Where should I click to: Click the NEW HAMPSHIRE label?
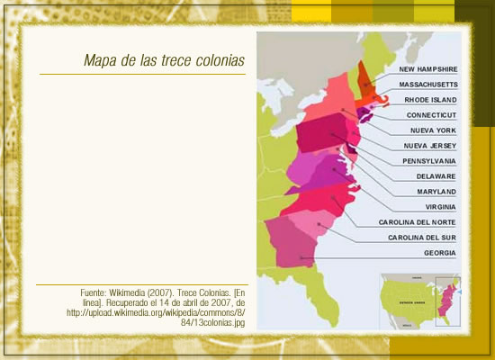[428, 68]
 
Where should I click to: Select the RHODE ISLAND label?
[430, 99]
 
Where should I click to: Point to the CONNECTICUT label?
[431, 115]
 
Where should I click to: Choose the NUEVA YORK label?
[433, 130]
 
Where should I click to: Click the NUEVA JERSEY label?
[430, 146]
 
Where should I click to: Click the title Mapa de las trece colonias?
[163, 61]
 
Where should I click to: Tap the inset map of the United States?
[419, 301]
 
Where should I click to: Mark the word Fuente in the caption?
[92, 293]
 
